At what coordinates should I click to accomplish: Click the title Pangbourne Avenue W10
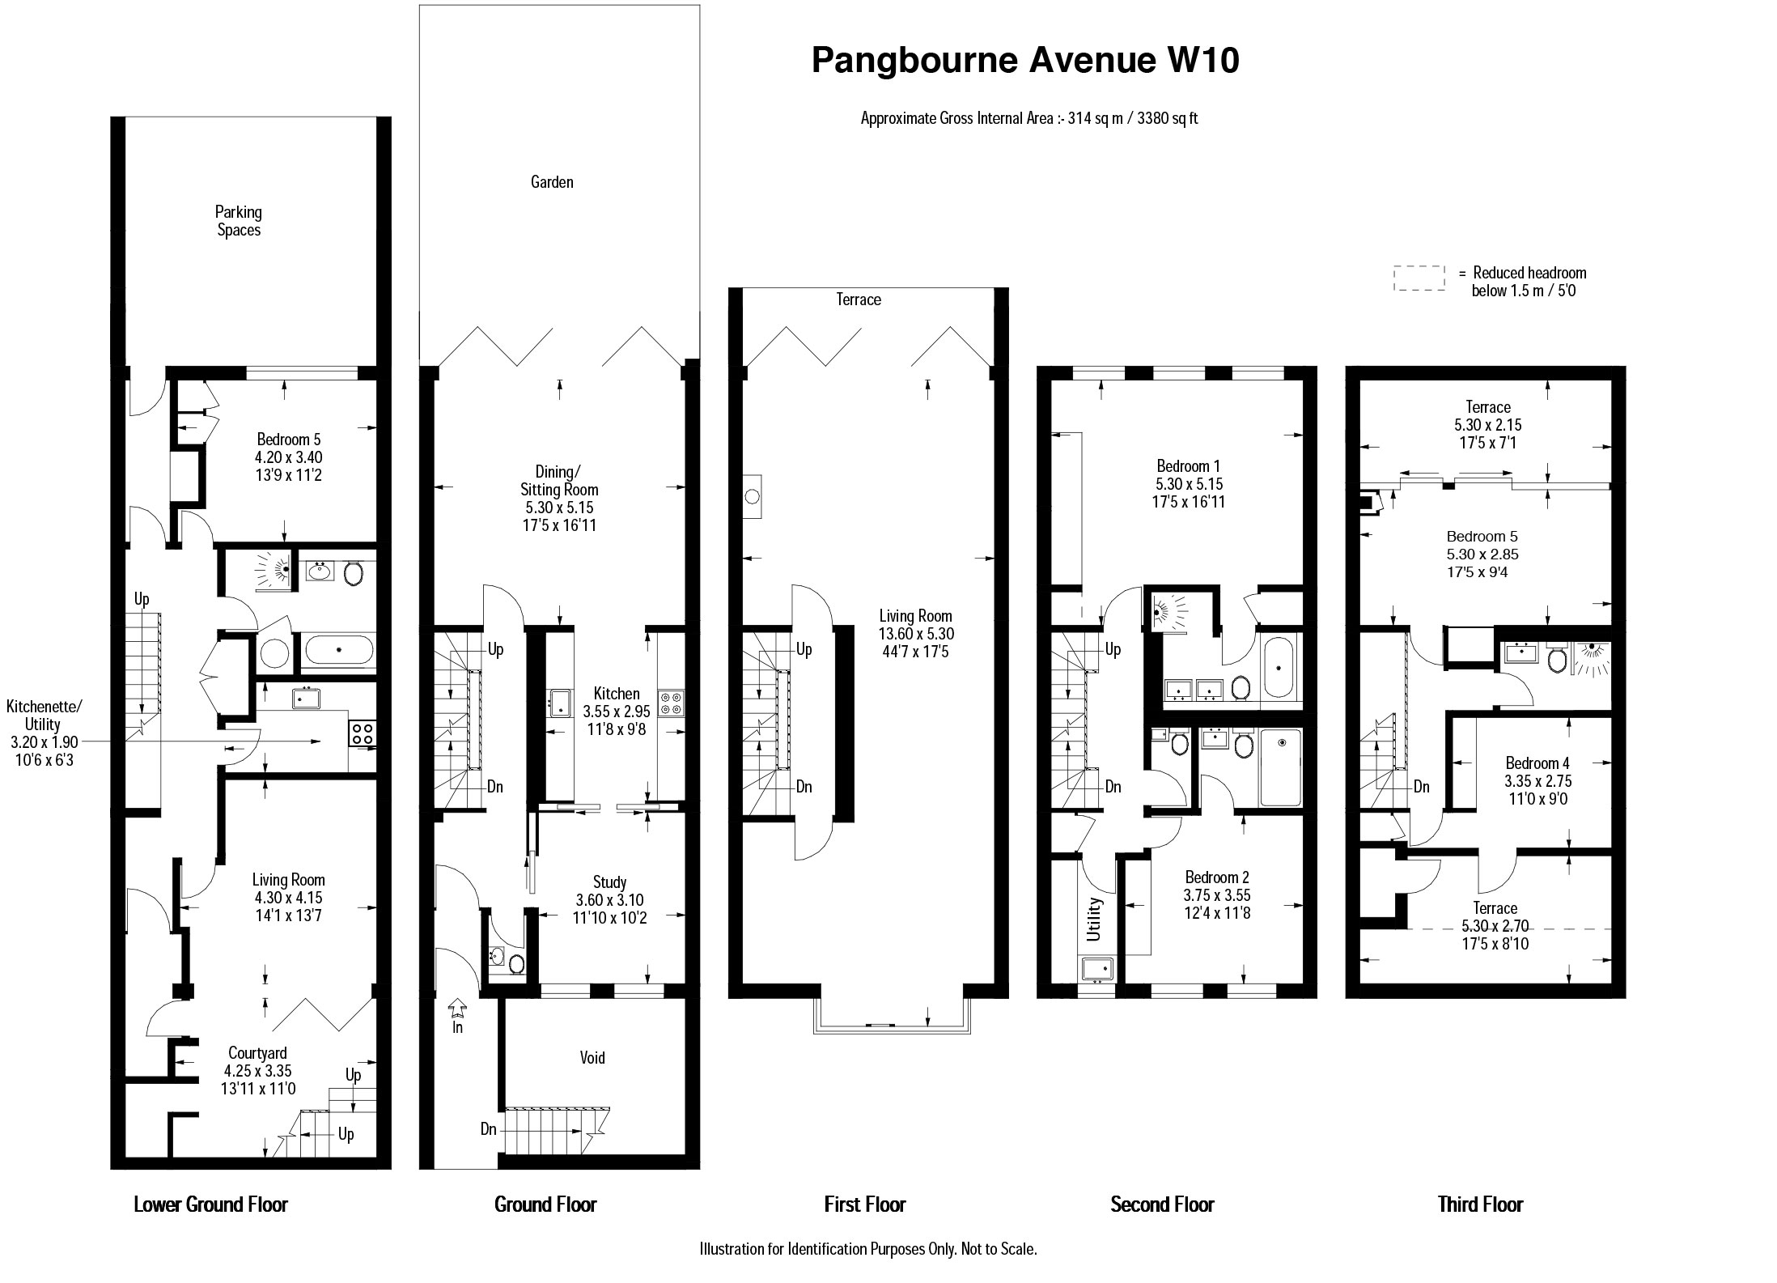(1025, 61)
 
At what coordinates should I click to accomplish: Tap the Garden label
(552, 182)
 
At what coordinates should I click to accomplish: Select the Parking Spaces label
(239, 221)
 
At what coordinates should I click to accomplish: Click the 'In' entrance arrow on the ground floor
(457, 1009)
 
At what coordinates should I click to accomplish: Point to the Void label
(592, 1057)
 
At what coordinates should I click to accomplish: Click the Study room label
(609, 882)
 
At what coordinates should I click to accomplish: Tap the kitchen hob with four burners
(672, 702)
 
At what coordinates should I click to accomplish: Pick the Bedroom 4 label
(1537, 763)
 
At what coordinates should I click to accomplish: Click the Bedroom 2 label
(1217, 877)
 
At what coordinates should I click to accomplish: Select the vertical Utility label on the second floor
(1093, 919)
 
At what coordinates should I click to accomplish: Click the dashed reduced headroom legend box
(1419, 278)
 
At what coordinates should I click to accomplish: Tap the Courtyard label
(257, 1053)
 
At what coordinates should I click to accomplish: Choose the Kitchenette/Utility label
(44, 715)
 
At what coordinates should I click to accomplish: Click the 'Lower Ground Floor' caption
(210, 1204)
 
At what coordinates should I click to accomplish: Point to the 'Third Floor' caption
(1480, 1204)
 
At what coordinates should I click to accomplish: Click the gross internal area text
(1029, 118)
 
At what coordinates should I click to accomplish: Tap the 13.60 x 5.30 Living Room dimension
(916, 633)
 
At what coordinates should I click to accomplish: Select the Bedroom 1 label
(1188, 466)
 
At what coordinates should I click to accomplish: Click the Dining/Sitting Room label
(559, 481)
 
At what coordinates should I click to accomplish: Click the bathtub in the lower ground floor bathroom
(339, 650)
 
